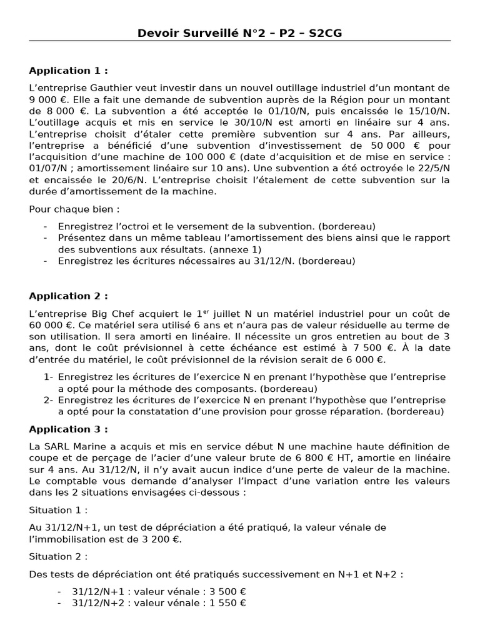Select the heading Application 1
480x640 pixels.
pyautogui.click(x=68, y=71)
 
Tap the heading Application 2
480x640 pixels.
pyautogui.click(x=68, y=296)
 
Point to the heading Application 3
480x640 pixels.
pyautogui.click(x=68, y=429)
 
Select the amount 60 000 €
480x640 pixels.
pyautogui.click(x=51, y=325)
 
